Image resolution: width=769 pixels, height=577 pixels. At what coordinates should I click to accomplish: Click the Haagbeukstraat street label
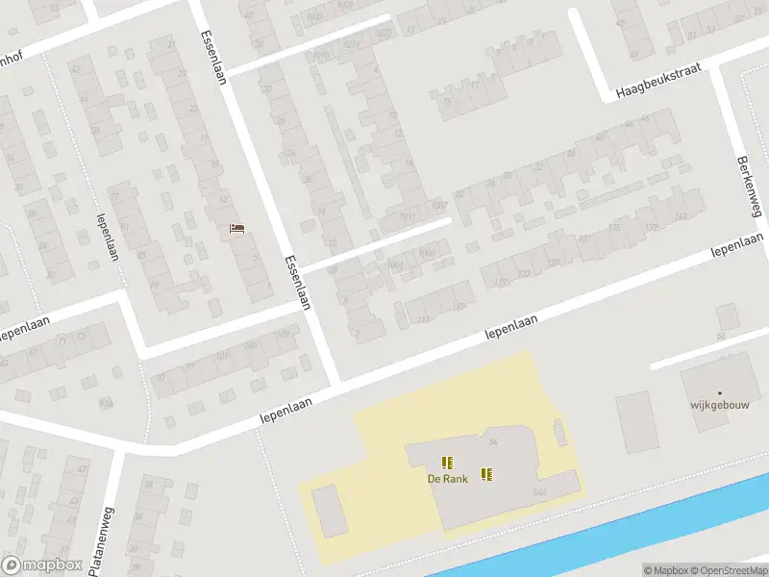tap(659, 82)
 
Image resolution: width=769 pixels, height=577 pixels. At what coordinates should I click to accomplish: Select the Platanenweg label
tap(101, 540)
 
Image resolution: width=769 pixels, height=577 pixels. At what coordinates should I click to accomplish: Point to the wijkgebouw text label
tap(719, 405)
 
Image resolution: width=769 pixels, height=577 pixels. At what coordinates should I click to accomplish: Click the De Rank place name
tap(448, 478)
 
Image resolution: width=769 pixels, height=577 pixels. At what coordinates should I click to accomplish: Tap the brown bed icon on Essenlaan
tap(237, 228)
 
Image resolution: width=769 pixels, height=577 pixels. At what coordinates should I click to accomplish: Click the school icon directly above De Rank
tap(446, 463)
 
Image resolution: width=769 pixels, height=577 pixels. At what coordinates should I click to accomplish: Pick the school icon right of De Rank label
tap(487, 473)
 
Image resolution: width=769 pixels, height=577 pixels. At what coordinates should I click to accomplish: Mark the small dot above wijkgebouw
tap(719, 392)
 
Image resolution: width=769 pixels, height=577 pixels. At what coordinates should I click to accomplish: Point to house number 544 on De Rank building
tap(539, 491)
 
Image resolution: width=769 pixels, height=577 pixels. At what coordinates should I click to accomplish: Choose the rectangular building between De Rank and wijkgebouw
tap(634, 422)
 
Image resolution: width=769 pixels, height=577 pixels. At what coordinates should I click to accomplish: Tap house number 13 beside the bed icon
tap(224, 198)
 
